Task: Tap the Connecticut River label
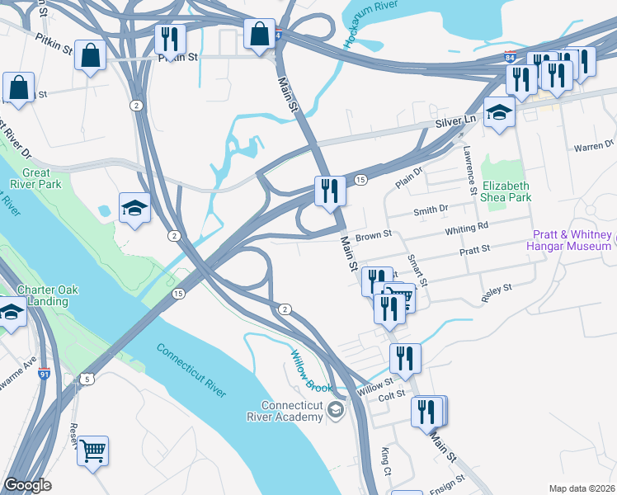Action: pyautogui.click(x=191, y=370)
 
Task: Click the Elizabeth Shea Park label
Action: pyautogui.click(x=506, y=191)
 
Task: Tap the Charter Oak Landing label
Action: pyautogui.click(x=46, y=295)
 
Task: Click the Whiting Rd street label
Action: pyautogui.click(x=466, y=227)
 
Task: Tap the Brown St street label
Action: pyautogui.click(x=372, y=237)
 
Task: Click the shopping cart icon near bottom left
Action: pyautogui.click(x=92, y=450)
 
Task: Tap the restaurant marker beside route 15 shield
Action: pyautogui.click(x=330, y=191)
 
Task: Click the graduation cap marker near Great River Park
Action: pyautogui.click(x=134, y=208)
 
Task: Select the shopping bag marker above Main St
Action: pyautogui.click(x=259, y=35)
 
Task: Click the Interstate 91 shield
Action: pyautogui.click(x=44, y=373)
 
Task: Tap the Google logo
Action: pyautogui.click(x=27, y=485)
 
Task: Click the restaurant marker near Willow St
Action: pyautogui.click(x=405, y=358)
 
